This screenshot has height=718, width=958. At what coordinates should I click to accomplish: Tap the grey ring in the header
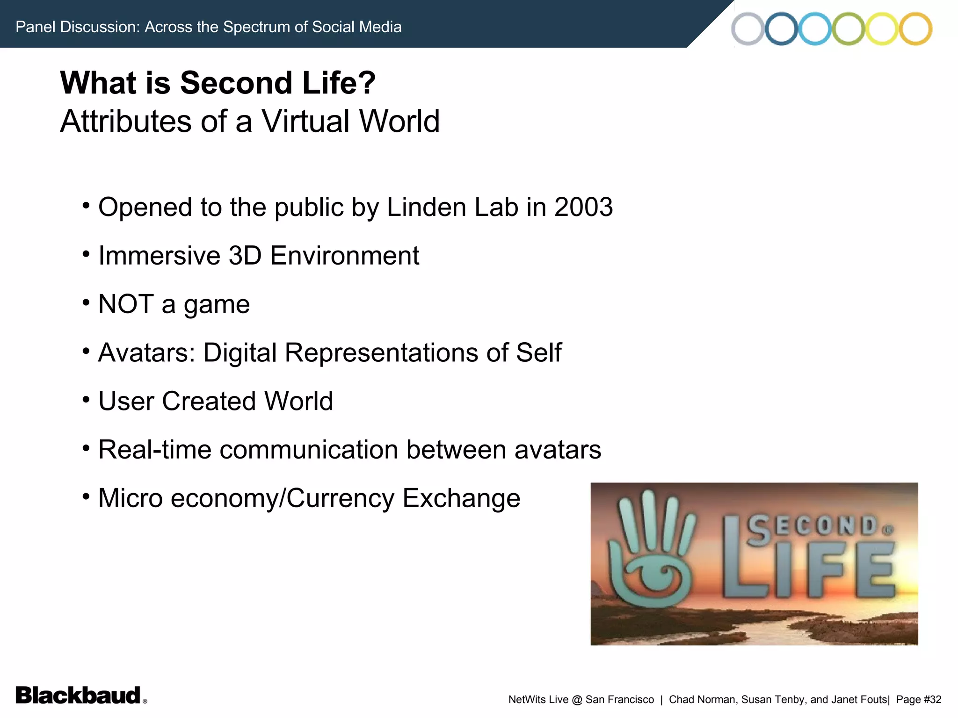click(748, 29)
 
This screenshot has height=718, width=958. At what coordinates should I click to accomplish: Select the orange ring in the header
click(915, 29)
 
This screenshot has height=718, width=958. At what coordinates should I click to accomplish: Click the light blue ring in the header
click(815, 29)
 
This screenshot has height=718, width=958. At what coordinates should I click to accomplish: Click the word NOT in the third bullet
click(126, 304)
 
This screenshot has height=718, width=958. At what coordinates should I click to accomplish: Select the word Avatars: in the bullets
click(146, 352)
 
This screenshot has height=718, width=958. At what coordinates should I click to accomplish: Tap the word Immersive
click(160, 256)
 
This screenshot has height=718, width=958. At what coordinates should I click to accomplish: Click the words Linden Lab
click(452, 207)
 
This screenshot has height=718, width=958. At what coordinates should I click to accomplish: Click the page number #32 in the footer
click(932, 700)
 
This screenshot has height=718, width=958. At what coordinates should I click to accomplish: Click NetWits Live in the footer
click(538, 700)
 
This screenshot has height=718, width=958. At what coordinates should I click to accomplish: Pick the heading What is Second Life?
click(218, 83)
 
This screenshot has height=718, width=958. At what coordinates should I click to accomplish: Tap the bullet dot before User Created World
click(86, 400)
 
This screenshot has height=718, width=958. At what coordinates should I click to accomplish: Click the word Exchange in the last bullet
click(461, 498)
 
